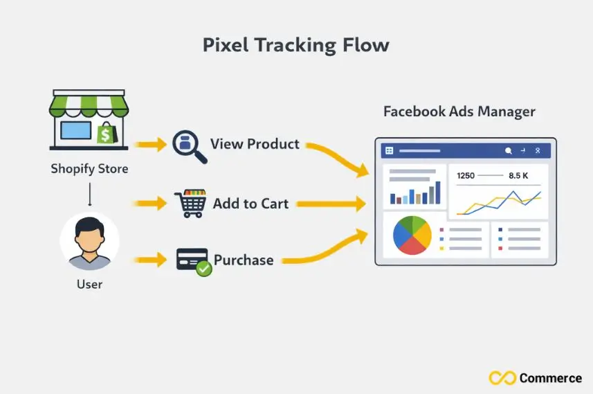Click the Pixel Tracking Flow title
(295, 46)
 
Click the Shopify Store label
(89, 168)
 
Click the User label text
(89, 283)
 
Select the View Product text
(255, 144)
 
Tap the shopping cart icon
(190, 204)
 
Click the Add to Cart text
(250, 204)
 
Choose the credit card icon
(191, 260)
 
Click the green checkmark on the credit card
(203, 269)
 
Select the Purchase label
(244, 260)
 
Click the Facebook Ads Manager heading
(459, 111)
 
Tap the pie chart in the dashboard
(412, 235)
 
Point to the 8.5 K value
(518, 176)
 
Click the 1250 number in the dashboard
(466, 176)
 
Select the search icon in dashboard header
(509, 150)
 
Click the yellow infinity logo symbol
(502, 378)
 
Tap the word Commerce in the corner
(550, 378)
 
